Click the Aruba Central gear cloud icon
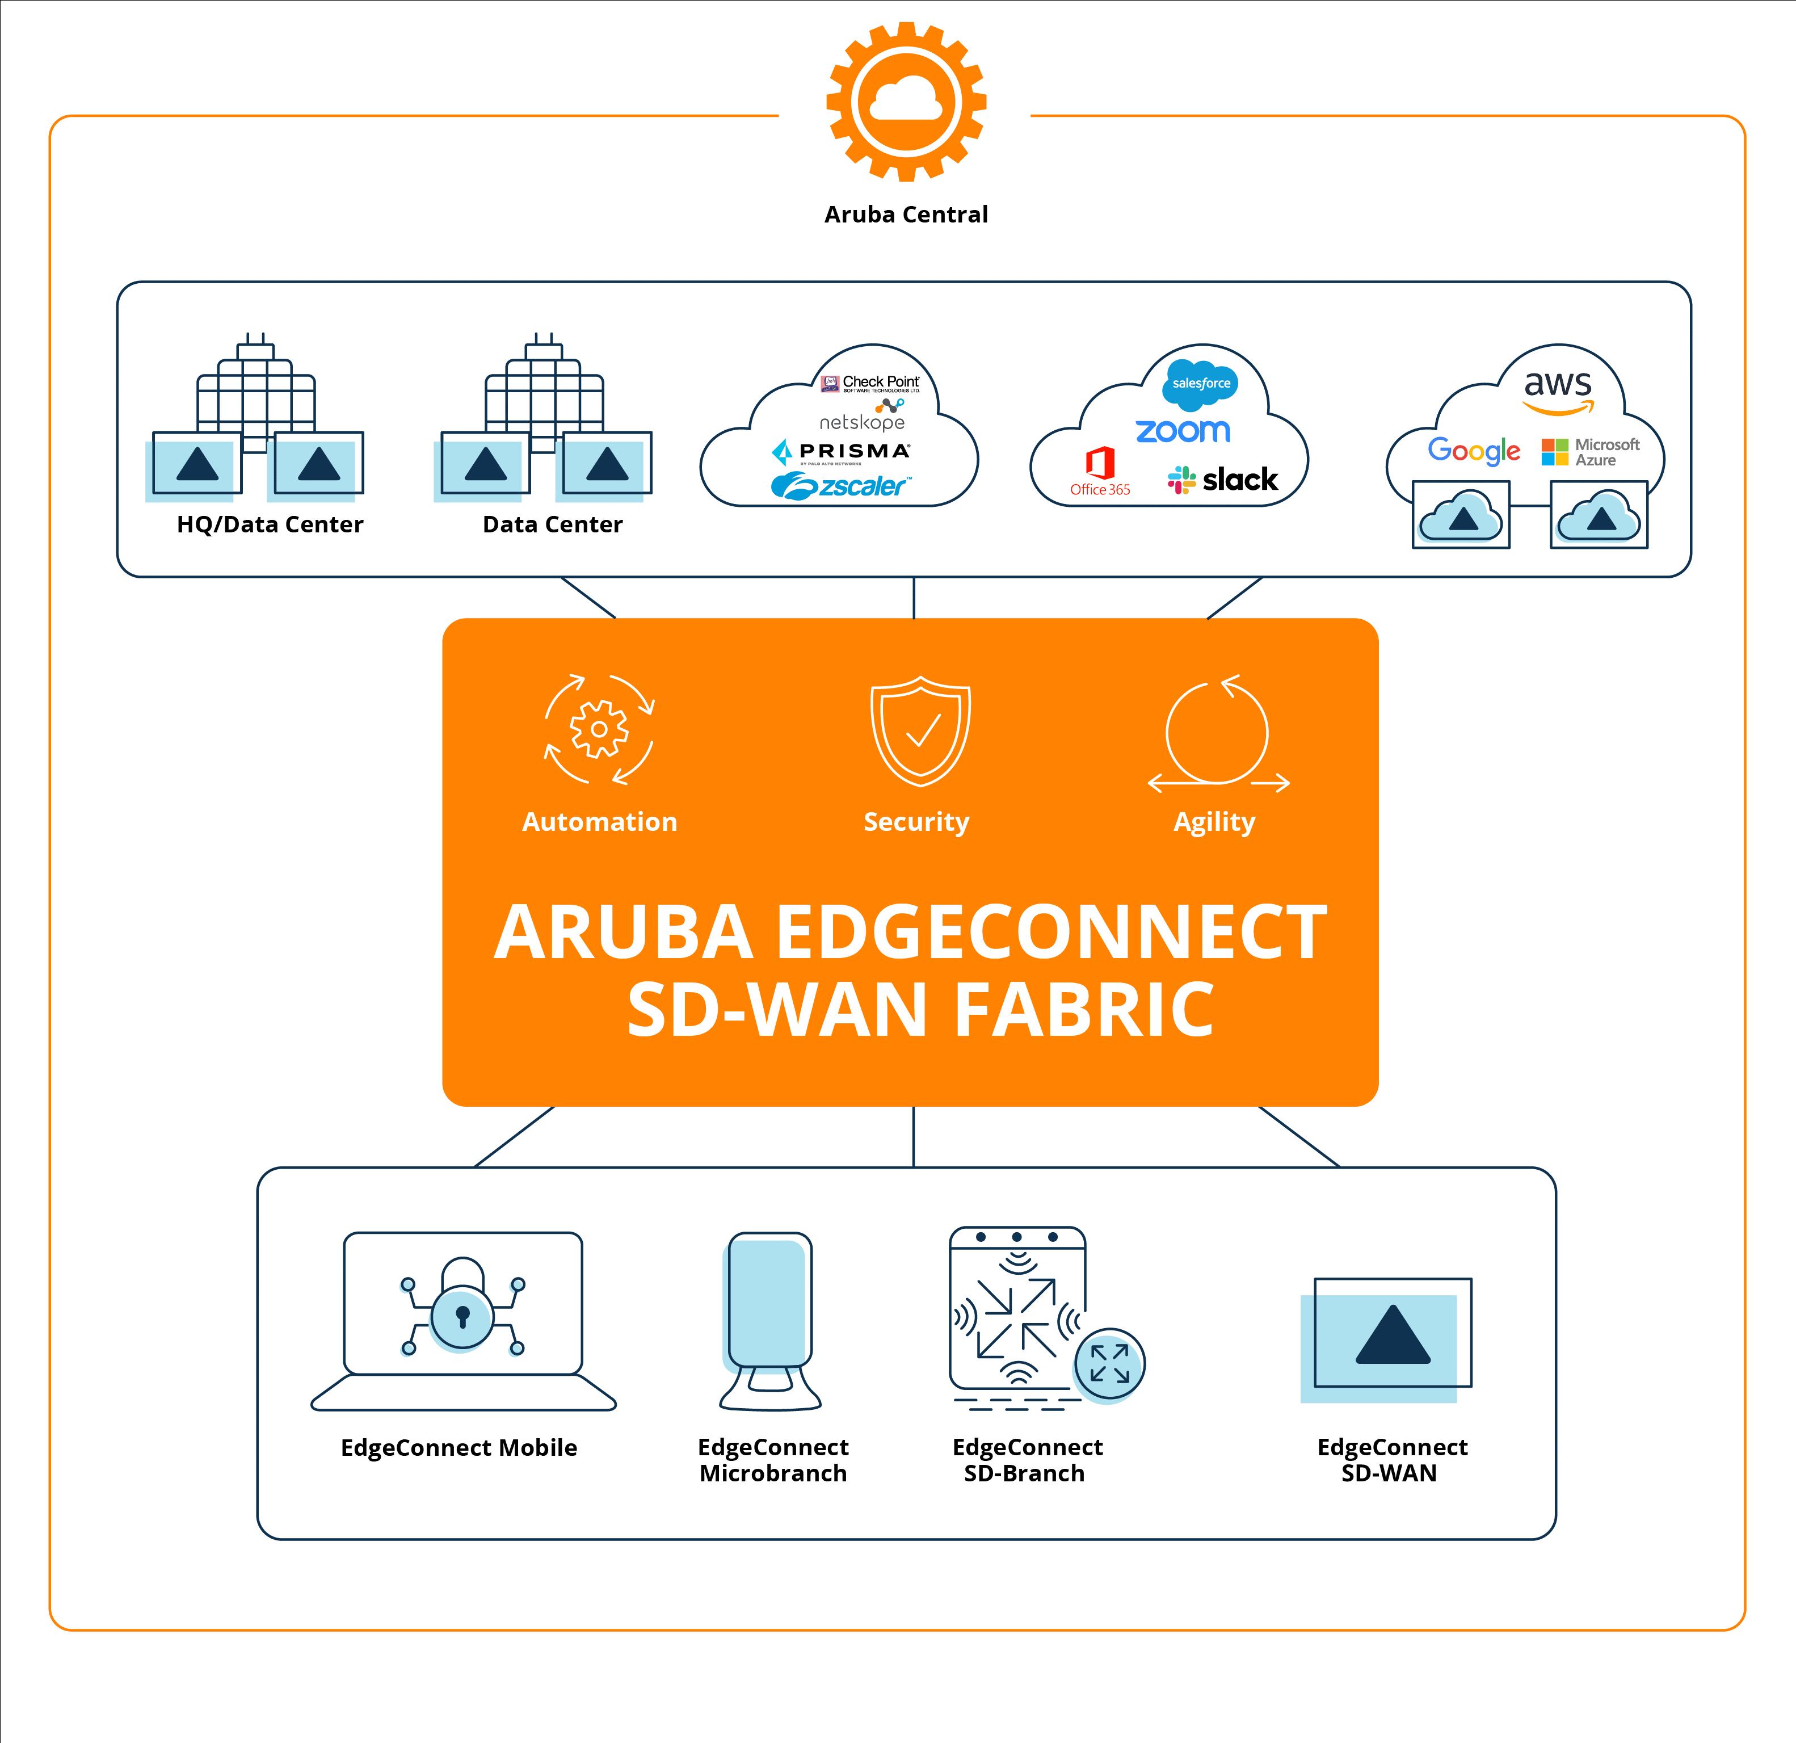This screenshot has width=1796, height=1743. [906, 101]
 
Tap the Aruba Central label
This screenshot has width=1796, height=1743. [906, 215]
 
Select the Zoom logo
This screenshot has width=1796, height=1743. [1182, 431]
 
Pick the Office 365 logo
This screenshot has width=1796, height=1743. [1100, 472]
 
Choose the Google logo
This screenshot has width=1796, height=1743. [1474, 451]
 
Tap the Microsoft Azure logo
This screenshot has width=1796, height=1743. [1591, 452]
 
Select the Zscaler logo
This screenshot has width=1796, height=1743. [841, 486]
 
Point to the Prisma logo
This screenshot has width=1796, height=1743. [841, 452]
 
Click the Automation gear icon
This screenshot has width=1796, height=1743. [599, 729]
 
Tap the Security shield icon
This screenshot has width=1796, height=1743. [920, 731]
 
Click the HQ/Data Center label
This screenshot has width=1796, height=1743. [270, 524]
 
